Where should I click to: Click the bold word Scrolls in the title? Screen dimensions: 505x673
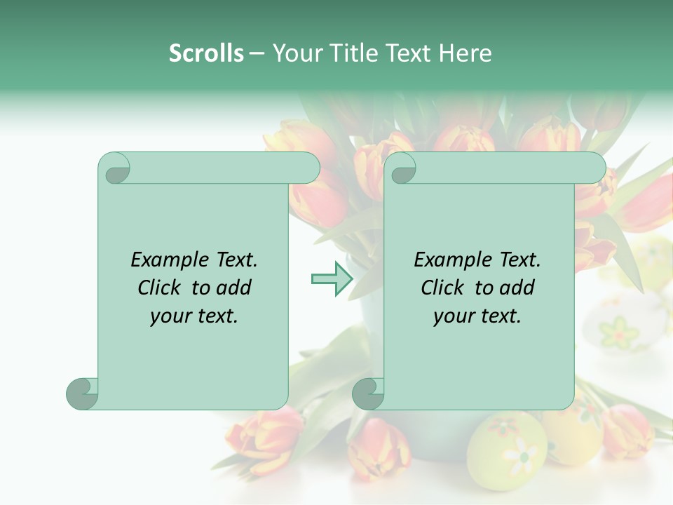[x=206, y=53]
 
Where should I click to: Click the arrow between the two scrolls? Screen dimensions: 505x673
[x=332, y=278]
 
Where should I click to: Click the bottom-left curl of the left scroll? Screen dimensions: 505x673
[x=83, y=393]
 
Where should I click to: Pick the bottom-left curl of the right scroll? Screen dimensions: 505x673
[x=368, y=393]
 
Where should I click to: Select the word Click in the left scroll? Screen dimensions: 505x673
[x=160, y=288]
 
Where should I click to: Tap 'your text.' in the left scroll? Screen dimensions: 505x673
[x=194, y=316]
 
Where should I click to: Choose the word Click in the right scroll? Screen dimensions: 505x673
[x=442, y=288]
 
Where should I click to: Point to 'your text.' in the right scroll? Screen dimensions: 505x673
[x=477, y=316]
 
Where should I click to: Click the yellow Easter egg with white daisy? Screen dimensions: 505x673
[x=507, y=449]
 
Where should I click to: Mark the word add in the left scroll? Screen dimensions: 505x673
[x=233, y=288]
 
